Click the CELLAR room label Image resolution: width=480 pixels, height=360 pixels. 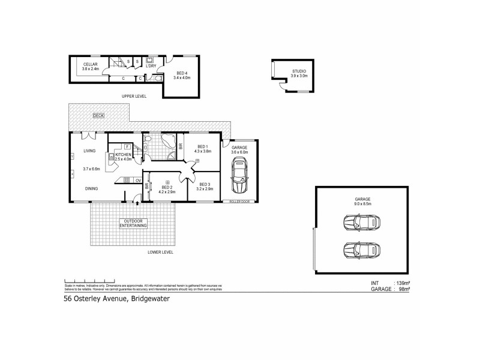90,64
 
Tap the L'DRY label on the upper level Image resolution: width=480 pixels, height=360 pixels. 151,66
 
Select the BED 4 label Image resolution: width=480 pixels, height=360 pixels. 181,73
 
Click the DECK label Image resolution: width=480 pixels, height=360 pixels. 98,115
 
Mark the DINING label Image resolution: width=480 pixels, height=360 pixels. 91,188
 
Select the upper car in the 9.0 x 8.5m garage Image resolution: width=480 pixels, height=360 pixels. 361,223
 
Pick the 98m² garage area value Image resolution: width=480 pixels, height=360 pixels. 401,289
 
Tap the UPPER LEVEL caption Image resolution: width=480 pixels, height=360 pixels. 134,95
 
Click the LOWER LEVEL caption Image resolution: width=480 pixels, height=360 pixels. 160,253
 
